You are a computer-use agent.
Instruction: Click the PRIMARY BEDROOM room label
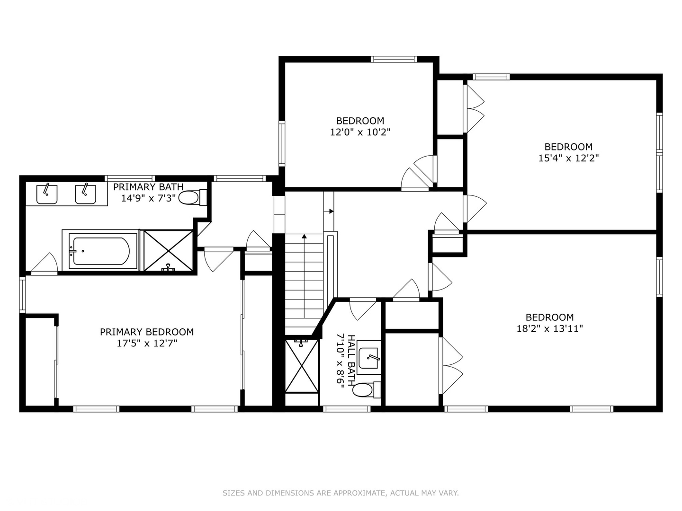[147, 332]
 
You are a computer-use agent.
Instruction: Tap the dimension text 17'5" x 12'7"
[147, 344]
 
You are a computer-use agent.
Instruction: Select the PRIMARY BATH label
[148, 187]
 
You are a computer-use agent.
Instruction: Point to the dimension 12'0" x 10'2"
[360, 132]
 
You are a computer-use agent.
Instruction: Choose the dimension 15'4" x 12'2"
[568, 159]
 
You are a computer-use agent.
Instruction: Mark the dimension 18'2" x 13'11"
[549, 329]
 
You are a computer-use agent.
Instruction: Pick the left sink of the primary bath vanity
[47, 194]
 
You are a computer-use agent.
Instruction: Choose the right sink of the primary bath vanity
[85, 194]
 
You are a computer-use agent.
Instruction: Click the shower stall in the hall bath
[302, 366]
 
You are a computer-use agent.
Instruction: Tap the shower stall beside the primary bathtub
[168, 251]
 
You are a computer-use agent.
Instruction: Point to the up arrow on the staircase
[304, 235]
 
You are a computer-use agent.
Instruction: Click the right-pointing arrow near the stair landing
[331, 211]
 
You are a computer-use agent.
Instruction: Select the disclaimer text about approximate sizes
[341, 493]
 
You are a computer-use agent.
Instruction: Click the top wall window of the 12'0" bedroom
[394, 59]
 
